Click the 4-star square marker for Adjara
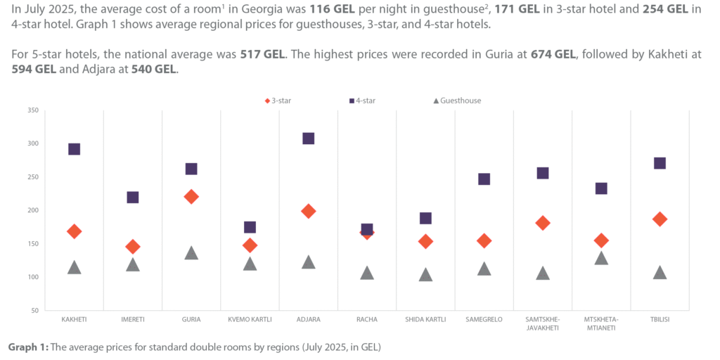(308, 139)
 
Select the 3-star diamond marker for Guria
(191, 197)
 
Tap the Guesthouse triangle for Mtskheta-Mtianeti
(601, 258)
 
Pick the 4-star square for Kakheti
(74, 149)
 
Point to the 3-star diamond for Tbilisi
(660, 219)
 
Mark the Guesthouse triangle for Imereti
(133, 265)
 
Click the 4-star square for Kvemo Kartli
(250, 227)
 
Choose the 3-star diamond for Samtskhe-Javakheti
(543, 223)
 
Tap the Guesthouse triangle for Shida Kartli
(425, 275)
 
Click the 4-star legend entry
(362, 101)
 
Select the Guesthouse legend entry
(456, 101)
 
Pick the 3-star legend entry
(278, 101)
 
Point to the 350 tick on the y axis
(33, 110)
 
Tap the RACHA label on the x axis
(367, 320)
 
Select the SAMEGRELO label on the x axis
(484, 320)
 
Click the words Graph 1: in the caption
(27, 347)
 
